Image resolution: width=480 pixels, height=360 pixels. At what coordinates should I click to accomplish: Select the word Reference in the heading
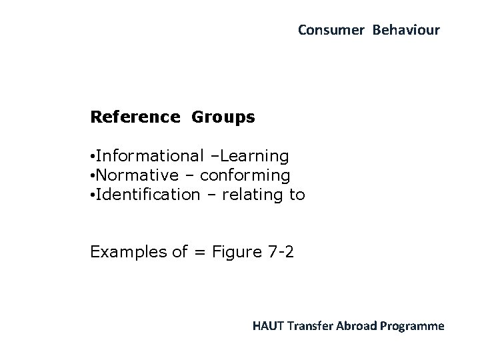click(135, 117)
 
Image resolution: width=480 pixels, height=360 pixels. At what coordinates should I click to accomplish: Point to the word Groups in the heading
click(223, 117)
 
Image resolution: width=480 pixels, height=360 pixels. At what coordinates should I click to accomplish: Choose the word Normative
click(137, 175)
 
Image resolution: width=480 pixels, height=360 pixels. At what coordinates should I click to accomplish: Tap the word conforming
click(245, 175)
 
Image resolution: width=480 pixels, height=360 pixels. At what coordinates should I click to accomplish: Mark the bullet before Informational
click(93, 157)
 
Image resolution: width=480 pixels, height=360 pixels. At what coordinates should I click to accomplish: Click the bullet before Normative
click(93, 176)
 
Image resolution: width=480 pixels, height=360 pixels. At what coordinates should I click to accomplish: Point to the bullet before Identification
click(93, 195)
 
